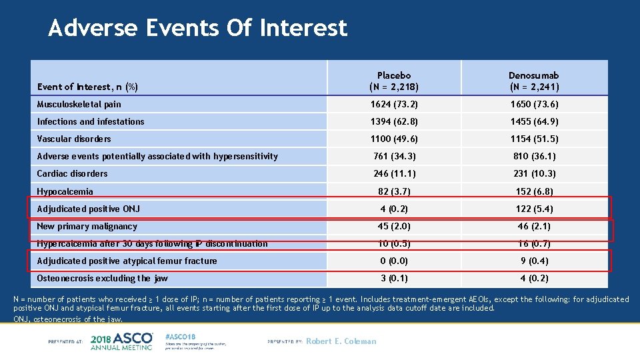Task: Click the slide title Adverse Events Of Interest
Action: (197, 28)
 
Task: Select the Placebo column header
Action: (393, 81)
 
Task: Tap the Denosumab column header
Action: (534, 81)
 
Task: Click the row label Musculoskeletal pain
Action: (79, 104)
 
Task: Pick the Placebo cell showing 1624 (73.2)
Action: (394, 104)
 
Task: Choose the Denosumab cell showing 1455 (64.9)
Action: (534, 121)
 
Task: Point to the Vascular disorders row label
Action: (74, 139)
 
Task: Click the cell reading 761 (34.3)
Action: (394, 156)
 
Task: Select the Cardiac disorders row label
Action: (72, 173)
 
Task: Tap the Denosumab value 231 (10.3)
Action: (534, 173)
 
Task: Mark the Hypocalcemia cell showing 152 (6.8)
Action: (534, 191)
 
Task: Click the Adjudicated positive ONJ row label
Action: (89, 209)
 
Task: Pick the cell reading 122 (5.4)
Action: (534, 209)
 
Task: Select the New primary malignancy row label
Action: (87, 226)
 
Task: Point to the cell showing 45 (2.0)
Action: (394, 226)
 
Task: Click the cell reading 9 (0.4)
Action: (534, 261)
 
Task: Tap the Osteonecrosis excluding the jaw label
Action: (103, 278)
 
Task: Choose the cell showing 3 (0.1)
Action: (394, 278)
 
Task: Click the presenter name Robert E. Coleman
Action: (341, 341)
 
